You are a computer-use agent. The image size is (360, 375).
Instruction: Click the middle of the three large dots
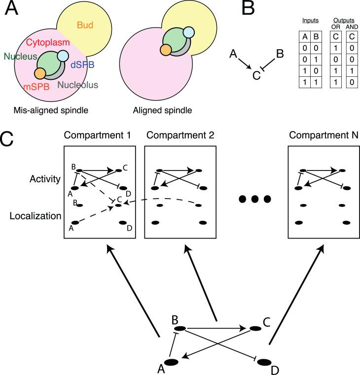pyautogui.click(x=254, y=200)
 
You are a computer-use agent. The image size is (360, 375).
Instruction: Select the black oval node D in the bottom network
pyautogui.click(x=265, y=363)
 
